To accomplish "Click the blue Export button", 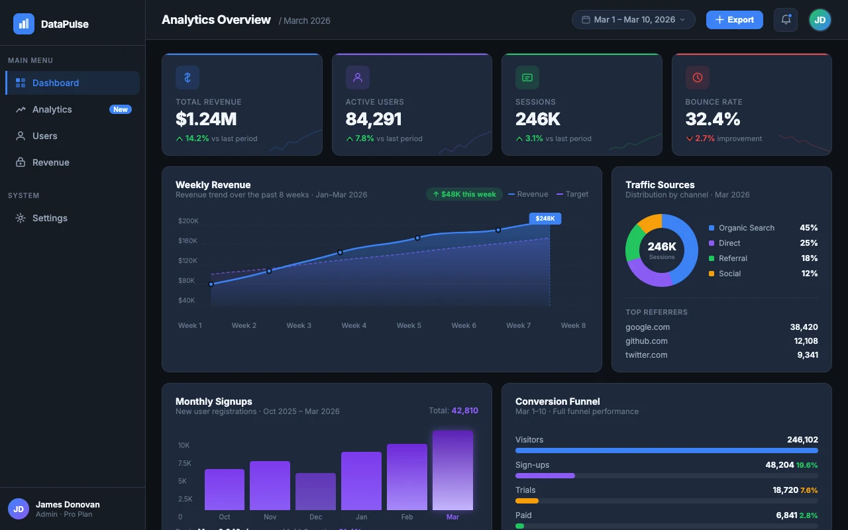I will tap(734, 20).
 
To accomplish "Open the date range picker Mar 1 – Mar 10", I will tap(633, 20).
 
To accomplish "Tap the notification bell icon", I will tap(786, 20).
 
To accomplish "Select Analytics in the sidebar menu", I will tap(52, 109).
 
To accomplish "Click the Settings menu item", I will tap(50, 218).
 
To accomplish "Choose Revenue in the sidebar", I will tap(50, 162).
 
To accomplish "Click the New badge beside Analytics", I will tap(121, 109).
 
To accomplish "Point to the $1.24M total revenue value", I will tap(206, 119).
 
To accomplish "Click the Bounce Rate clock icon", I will tap(697, 78).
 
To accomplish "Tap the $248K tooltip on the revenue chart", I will tap(545, 218).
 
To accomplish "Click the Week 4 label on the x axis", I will tap(354, 325).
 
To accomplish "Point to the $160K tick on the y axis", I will tap(188, 240).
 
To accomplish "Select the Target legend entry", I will tap(572, 194).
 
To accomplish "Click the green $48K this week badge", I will tap(464, 194).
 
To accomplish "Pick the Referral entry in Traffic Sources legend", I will tap(733, 258).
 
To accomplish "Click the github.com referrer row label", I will tap(647, 341).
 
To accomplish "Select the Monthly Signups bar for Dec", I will tap(315, 491).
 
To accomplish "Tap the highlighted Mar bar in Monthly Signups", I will tap(452, 470).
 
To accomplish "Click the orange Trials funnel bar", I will tap(527, 501).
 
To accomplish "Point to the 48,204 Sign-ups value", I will tap(779, 465).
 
